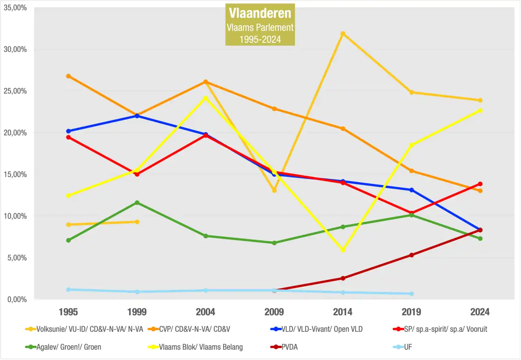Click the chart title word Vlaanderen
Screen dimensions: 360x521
260,13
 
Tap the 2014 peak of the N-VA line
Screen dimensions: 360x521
343,33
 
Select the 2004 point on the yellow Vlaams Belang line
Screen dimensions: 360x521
206,98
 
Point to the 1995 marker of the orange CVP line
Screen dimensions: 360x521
68,76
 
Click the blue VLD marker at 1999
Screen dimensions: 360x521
137,116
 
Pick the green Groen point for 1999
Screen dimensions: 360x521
137,203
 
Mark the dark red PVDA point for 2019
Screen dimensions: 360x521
412,255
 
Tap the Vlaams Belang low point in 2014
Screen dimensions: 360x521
343,250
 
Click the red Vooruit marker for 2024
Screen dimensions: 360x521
480,184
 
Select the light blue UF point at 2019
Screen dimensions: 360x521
412,294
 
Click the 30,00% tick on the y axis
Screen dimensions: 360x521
15,49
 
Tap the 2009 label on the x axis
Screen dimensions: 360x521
274,312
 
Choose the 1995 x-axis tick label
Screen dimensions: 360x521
68,312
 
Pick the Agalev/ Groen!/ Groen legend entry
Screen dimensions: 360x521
69,347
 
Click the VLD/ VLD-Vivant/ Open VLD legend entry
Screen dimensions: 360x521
322,329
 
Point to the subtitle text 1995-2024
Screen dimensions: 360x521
260,40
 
